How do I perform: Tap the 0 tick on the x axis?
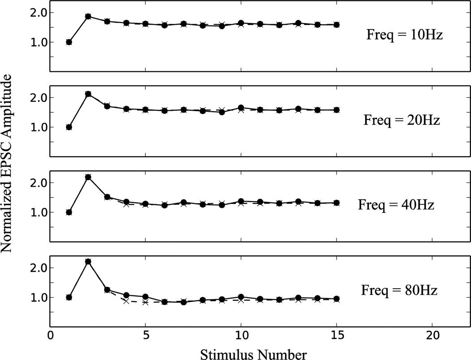point(50,335)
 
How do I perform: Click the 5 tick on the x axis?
point(145,335)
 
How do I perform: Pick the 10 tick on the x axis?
point(241,335)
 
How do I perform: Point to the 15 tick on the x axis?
point(336,335)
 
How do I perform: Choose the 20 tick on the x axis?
point(432,335)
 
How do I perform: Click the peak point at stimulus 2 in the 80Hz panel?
point(88,262)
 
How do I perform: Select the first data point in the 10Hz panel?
point(69,42)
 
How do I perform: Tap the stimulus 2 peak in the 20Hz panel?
point(88,94)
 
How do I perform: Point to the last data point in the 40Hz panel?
point(336,202)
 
